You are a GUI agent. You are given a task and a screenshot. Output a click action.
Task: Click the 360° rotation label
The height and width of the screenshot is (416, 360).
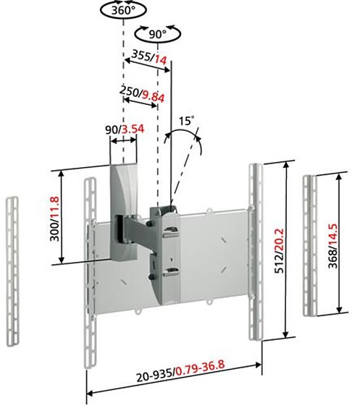tap(123, 11)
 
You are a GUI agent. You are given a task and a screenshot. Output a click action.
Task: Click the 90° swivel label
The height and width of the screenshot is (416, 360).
tap(158, 34)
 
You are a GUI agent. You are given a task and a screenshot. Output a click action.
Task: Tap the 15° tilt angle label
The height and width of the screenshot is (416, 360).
tap(186, 121)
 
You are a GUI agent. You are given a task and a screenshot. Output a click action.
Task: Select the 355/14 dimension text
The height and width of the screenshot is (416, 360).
tap(149, 58)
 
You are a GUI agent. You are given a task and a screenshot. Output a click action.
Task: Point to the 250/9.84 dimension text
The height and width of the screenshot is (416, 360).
tap(142, 93)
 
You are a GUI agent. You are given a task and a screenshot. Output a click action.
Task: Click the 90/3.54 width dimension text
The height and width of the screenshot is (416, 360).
tap(125, 130)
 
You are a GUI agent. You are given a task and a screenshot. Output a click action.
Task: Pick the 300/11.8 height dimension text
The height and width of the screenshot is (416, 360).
tap(55, 218)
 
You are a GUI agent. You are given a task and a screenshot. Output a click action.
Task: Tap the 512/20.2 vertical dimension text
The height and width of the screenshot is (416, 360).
tap(279, 251)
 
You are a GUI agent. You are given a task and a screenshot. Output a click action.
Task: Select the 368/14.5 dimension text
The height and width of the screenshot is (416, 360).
tap(332, 246)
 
